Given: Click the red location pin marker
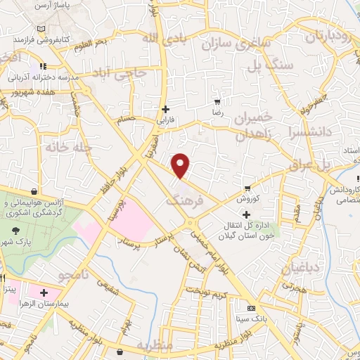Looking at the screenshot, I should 181,166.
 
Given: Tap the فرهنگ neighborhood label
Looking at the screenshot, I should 182,200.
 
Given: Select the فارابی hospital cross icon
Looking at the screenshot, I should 165,109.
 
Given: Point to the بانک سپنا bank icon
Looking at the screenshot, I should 251,309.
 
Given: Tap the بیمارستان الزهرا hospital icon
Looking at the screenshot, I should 44,292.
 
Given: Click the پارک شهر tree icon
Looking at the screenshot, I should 15,229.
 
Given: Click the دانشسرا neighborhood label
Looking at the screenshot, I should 303,140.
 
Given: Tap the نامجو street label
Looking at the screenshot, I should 94,276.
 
